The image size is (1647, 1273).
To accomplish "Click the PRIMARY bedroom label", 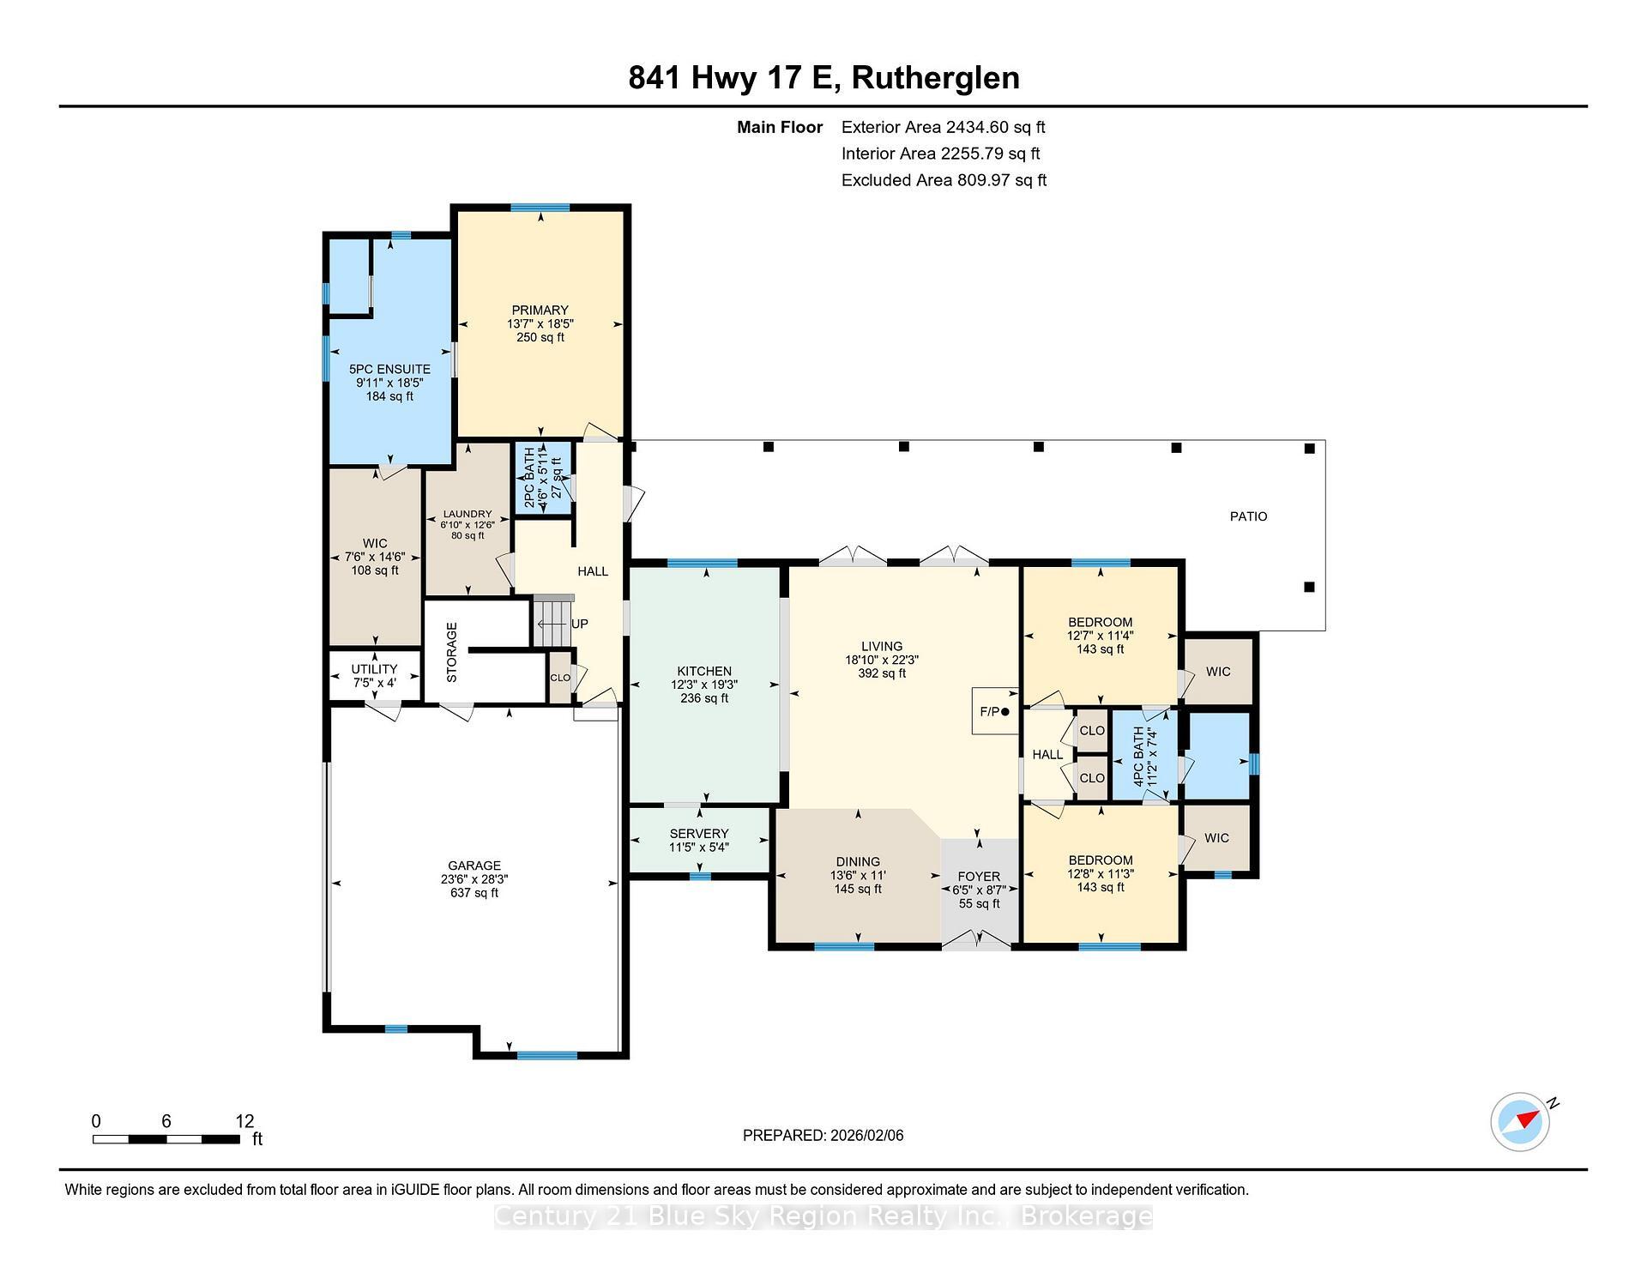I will tap(540, 311).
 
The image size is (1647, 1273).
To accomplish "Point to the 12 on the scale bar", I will tap(244, 1121).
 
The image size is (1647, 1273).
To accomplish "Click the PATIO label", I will tap(1248, 516).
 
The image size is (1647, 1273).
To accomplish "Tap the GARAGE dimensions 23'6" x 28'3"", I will tap(474, 879).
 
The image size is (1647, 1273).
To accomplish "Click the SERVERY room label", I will tap(699, 834).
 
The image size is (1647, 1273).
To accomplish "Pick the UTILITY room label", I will tap(374, 669).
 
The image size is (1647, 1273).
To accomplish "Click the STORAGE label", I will tap(452, 652).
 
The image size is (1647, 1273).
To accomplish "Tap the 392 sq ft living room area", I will tap(882, 673).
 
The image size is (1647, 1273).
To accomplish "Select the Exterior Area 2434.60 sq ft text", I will tap(943, 128).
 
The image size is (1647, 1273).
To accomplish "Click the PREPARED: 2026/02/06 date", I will tap(823, 1136).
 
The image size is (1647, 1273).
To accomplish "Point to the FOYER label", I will tap(979, 877).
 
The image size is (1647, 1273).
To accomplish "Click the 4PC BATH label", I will tap(1138, 757).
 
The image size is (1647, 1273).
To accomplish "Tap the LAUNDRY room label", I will tap(468, 515).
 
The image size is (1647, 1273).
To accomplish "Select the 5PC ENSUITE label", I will tap(389, 370).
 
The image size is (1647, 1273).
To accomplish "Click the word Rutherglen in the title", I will tap(936, 78).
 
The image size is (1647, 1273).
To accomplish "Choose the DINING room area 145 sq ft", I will tap(858, 890).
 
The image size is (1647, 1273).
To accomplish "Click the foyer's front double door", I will tap(977, 942).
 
